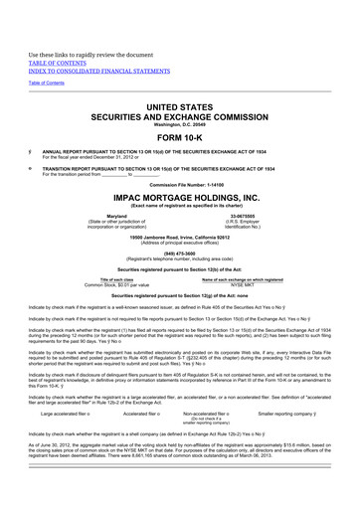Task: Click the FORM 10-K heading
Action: pyautogui.click(x=179, y=136)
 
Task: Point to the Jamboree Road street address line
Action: pyautogui.click(x=179, y=235)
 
